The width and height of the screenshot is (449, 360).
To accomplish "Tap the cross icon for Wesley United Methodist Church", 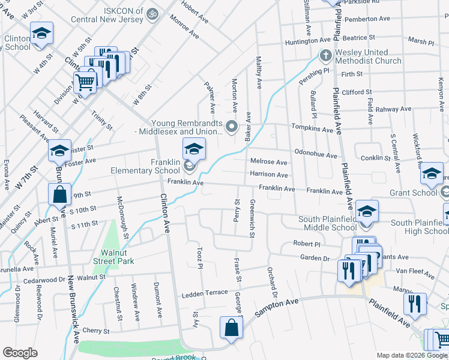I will click(x=325, y=56).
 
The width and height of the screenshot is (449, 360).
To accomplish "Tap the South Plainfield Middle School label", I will click(x=327, y=223).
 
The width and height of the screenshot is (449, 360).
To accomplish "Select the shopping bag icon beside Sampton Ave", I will click(x=231, y=328).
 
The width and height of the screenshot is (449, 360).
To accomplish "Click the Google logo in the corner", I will click(x=20, y=353).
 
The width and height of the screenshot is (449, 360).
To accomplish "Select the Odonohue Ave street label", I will click(x=315, y=154).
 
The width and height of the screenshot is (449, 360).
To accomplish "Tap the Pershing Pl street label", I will click(x=315, y=75).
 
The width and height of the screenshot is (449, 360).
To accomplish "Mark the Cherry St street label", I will click(x=96, y=331).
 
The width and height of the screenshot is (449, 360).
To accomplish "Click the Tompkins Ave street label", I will click(x=312, y=129).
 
